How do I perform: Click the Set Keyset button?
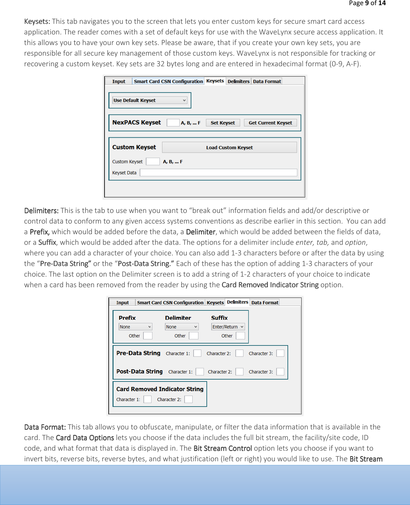pyautogui.click(x=223, y=123)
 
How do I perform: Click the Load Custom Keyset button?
pyautogui.click(x=229, y=148)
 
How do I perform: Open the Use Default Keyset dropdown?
pyautogui.click(x=150, y=100)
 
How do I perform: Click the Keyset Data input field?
pyautogui.click(x=218, y=173)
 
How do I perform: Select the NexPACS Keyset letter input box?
pyautogui.click(x=173, y=123)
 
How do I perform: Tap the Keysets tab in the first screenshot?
pyautogui.click(x=215, y=81)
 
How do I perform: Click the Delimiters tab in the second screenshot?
pyautogui.click(x=237, y=302)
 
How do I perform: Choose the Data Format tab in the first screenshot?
pyautogui.click(x=267, y=81)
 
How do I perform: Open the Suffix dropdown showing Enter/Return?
pyautogui.click(x=228, y=327)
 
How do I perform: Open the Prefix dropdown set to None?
pyautogui.click(x=135, y=327)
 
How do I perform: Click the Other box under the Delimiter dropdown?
pyautogui.click(x=194, y=336)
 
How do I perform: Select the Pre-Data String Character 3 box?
pyautogui.click(x=280, y=353)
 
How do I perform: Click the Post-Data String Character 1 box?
pyautogui.click(x=200, y=372)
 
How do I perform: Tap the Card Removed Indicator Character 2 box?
pyautogui.click(x=188, y=399)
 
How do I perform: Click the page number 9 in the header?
pyautogui.click(x=367, y=3)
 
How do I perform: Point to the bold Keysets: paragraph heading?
pyautogui.click(x=37, y=22)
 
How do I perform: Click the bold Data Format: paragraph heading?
pyautogui.click(x=45, y=427)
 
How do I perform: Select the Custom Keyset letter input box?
pyautogui.click(x=153, y=161)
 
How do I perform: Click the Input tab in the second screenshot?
pyautogui.click(x=122, y=303)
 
